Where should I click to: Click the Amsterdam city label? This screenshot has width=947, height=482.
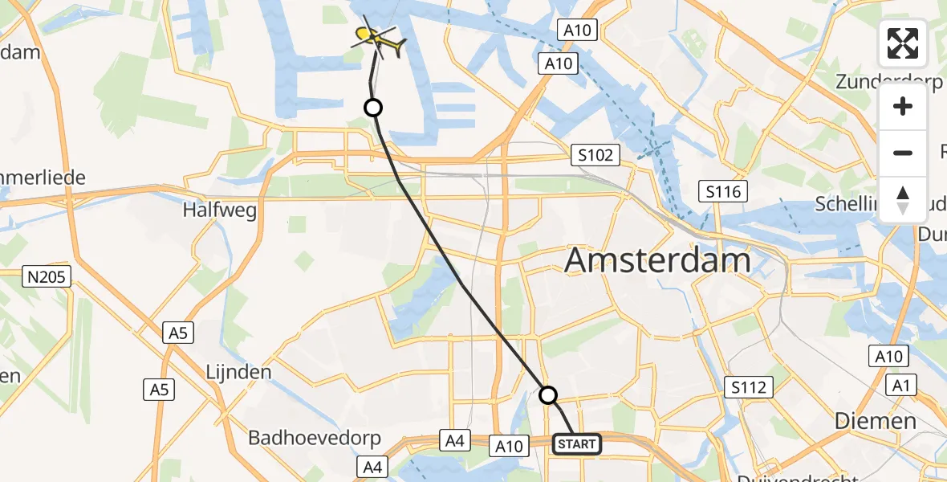coord(658,261)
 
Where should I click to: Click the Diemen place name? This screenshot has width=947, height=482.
coord(875,420)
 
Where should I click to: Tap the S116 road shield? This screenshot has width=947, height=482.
coord(723,191)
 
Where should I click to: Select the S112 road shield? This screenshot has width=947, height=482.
coord(748,388)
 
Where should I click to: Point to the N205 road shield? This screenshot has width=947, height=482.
coord(47,278)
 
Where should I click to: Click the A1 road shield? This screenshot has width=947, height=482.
coord(904,386)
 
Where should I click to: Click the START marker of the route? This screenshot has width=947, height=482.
coord(576,444)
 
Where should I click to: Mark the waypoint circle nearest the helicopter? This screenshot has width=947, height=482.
coord(373,107)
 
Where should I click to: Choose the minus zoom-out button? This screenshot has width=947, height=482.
coord(903,153)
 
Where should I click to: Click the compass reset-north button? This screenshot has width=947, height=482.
coord(903,199)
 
